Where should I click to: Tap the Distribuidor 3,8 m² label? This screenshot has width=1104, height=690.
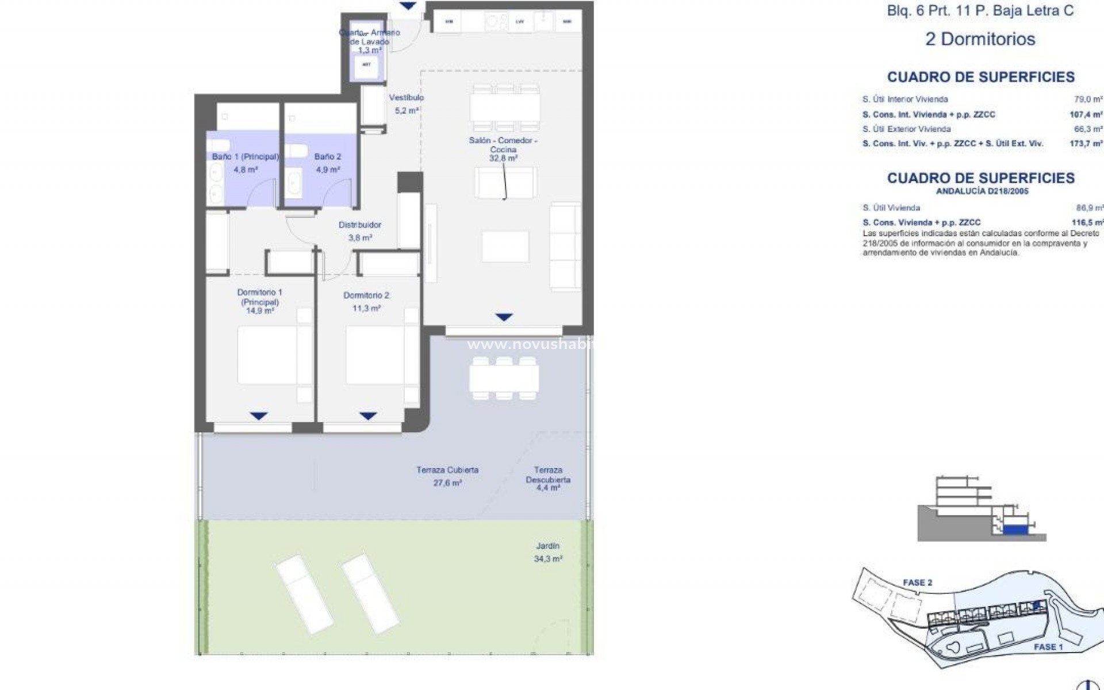click(360, 231)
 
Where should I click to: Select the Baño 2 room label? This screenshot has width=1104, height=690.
click(328, 163)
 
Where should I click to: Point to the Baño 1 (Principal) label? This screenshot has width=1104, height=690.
click(246, 163)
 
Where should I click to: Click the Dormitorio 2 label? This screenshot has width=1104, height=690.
click(366, 301)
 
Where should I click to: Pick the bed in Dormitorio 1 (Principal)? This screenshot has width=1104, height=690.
click(267, 355)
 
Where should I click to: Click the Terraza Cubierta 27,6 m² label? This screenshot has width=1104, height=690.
click(447, 476)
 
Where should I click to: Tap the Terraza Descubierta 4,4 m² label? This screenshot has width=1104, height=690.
click(547, 478)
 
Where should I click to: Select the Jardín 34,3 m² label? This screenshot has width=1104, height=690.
click(547, 552)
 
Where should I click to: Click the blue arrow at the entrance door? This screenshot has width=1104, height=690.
click(408, 6)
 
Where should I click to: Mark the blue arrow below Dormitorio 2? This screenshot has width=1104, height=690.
click(368, 416)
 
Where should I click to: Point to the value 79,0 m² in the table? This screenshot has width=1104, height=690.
click(1088, 99)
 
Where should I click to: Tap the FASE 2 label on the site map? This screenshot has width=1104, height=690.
click(917, 582)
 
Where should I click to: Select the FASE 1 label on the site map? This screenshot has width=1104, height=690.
click(1048, 647)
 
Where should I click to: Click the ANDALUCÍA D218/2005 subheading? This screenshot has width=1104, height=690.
click(982, 191)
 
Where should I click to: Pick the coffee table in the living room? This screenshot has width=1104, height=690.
click(505, 246)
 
